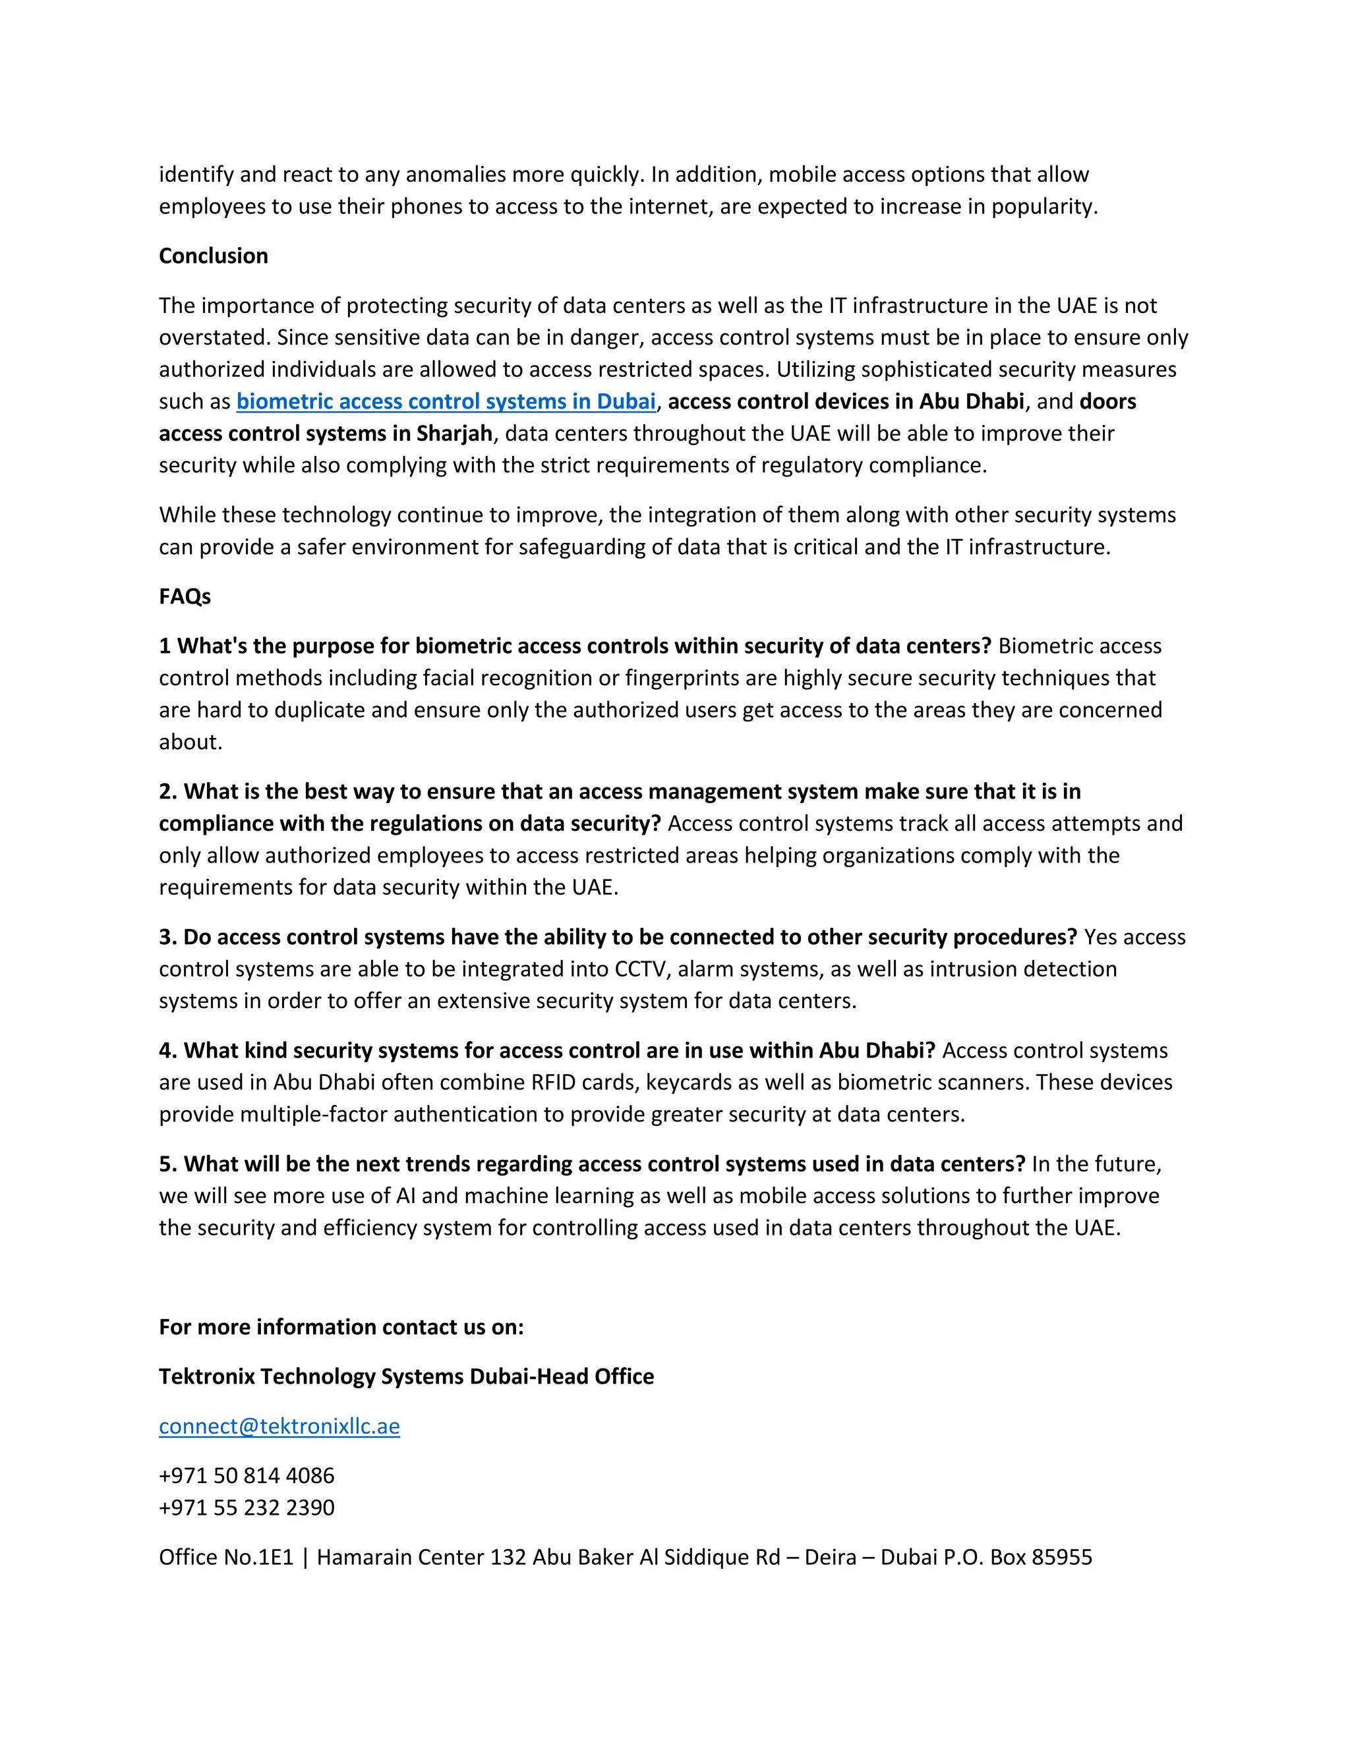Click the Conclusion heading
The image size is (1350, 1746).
(213, 256)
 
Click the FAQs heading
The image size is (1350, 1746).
(185, 596)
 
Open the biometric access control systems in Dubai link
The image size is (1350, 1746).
(446, 401)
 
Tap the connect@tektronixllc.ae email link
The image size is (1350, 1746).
(279, 1426)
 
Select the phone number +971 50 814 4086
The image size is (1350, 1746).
(247, 1476)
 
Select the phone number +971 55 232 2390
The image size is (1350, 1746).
(247, 1507)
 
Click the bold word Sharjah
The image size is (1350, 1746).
(454, 434)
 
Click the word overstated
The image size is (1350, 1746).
(214, 337)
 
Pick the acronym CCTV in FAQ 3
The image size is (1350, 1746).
(644, 969)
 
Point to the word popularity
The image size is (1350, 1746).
(1043, 206)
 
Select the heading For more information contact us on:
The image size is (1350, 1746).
(341, 1327)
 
